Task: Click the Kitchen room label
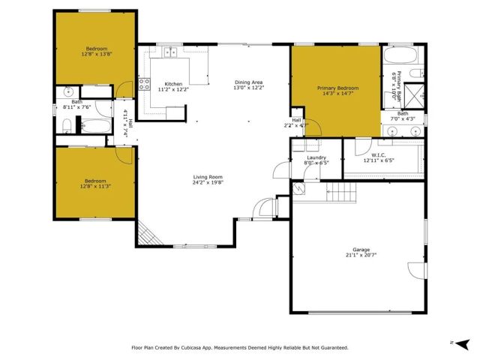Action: pyautogui.click(x=174, y=83)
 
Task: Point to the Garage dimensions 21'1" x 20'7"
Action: pyautogui.click(x=356, y=255)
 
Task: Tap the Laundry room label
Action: pyautogui.click(x=316, y=157)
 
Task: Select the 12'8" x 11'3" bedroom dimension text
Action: pyautogui.click(x=94, y=186)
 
